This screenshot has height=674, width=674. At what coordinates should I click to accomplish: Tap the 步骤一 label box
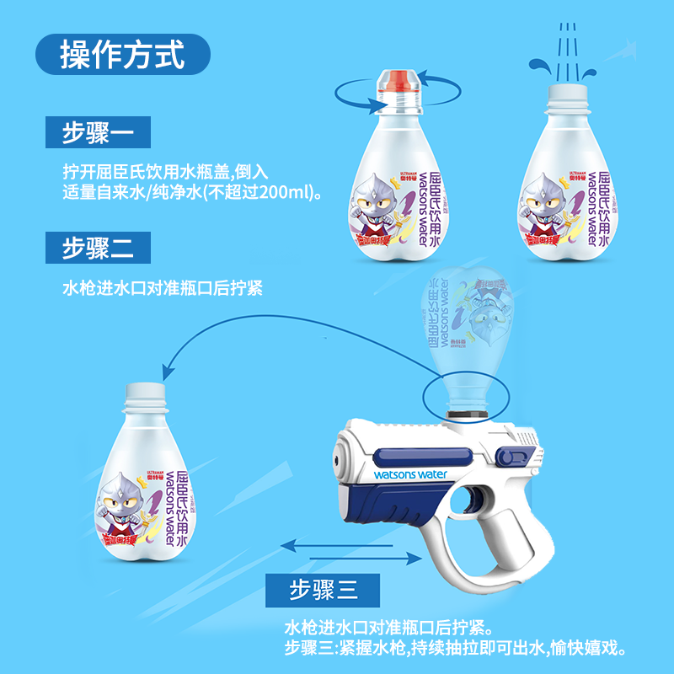(x=98, y=133)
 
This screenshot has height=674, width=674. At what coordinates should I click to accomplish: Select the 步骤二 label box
(x=98, y=248)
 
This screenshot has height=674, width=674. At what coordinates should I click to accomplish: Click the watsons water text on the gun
(x=410, y=474)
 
